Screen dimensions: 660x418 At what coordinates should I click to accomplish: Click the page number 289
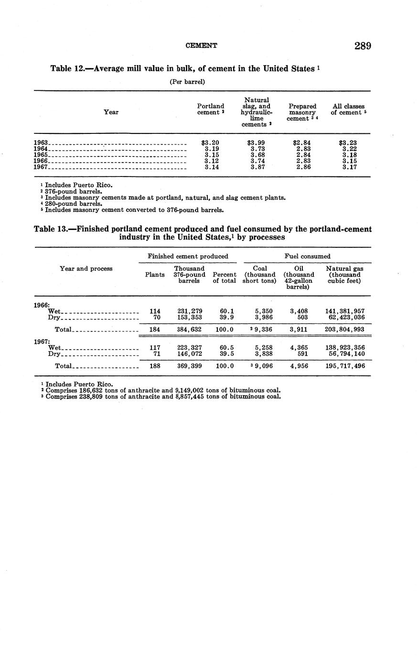click(x=363, y=46)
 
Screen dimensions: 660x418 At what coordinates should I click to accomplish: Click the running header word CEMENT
click(x=201, y=46)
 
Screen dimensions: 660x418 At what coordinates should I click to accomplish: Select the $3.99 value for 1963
click(x=256, y=143)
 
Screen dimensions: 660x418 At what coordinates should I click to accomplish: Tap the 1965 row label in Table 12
click(x=41, y=155)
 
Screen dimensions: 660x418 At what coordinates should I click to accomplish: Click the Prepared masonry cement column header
click(x=302, y=112)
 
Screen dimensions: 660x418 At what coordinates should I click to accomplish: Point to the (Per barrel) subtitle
click(x=187, y=82)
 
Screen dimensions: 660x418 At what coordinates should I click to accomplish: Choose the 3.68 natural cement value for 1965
click(x=258, y=155)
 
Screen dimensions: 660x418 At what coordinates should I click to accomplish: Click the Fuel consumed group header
click(x=307, y=256)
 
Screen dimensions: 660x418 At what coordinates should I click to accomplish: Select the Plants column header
click(x=155, y=275)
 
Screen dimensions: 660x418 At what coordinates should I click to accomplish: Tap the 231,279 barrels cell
click(x=190, y=311)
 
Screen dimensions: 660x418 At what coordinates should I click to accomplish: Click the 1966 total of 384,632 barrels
click(x=190, y=330)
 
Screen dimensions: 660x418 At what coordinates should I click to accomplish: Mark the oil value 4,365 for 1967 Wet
click(x=299, y=348)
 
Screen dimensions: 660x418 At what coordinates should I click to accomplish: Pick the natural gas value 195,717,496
click(x=344, y=366)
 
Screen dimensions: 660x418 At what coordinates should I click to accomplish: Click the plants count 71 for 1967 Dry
click(x=155, y=354)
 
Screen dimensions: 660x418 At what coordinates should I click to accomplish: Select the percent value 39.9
click(x=224, y=317)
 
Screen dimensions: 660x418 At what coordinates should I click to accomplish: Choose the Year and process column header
click(x=86, y=269)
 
